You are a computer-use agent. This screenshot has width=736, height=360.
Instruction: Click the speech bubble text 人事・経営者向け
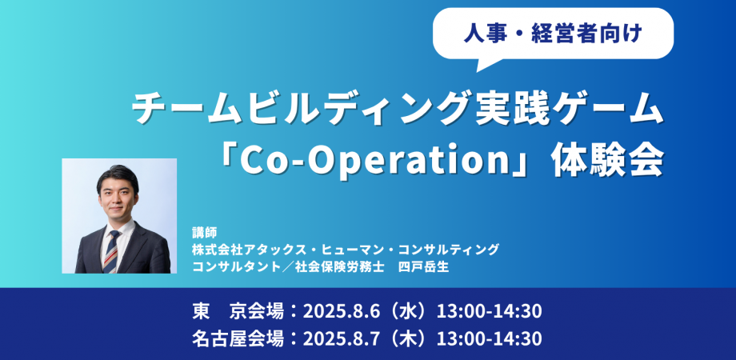coord(553,34)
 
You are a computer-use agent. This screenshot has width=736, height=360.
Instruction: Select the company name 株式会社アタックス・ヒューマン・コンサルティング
coord(346,250)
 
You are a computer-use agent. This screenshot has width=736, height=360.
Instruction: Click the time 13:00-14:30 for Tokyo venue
coord(489,311)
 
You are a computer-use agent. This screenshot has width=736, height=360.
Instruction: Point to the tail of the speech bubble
coord(478,70)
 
